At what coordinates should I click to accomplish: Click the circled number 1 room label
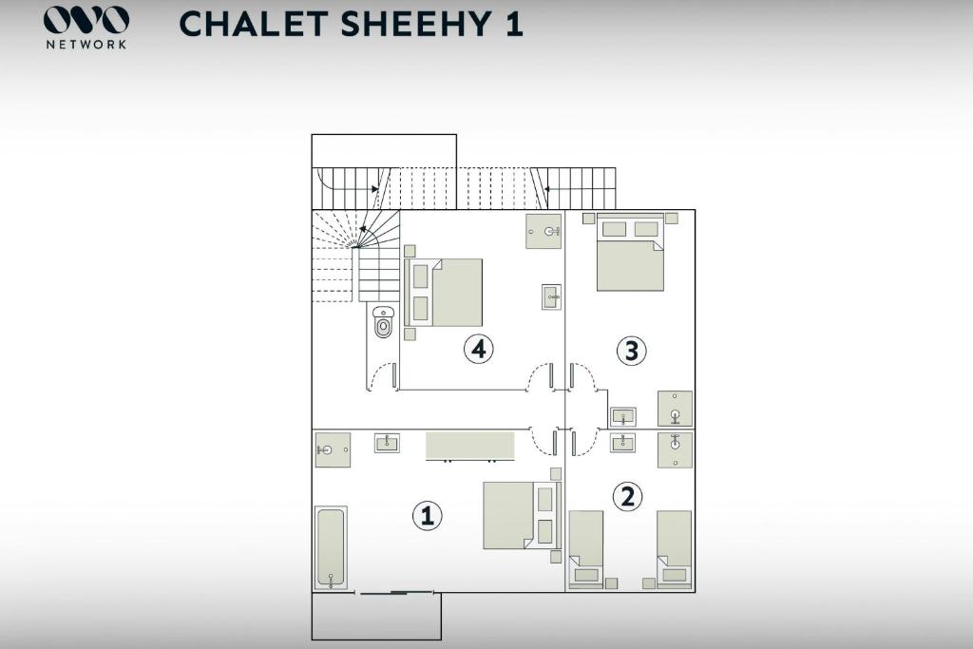(x=428, y=516)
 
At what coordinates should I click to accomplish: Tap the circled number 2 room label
(x=627, y=497)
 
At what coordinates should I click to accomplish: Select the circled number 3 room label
(x=631, y=351)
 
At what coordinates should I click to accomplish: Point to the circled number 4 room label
(x=479, y=349)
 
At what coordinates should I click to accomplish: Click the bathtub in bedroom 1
(x=331, y=548)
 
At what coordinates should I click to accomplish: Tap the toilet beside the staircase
(x=384, y=322)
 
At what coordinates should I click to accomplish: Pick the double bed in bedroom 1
(x=522, y=516)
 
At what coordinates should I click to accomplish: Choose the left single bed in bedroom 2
(x=585, y=549)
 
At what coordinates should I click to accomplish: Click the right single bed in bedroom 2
(x=675, y=549)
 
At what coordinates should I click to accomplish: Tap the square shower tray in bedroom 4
(x=544, y=232)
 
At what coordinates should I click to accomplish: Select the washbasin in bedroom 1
(x=387, y=443)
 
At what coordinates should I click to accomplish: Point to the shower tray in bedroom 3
(x=676, y=409)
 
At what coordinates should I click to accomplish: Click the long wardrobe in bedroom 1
(x=470, y=446)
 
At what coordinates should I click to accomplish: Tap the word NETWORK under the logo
(x=86, y=45)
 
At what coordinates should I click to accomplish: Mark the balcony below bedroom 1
(x=376, y=616)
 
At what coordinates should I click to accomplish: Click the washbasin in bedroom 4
(x=551, y=297)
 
